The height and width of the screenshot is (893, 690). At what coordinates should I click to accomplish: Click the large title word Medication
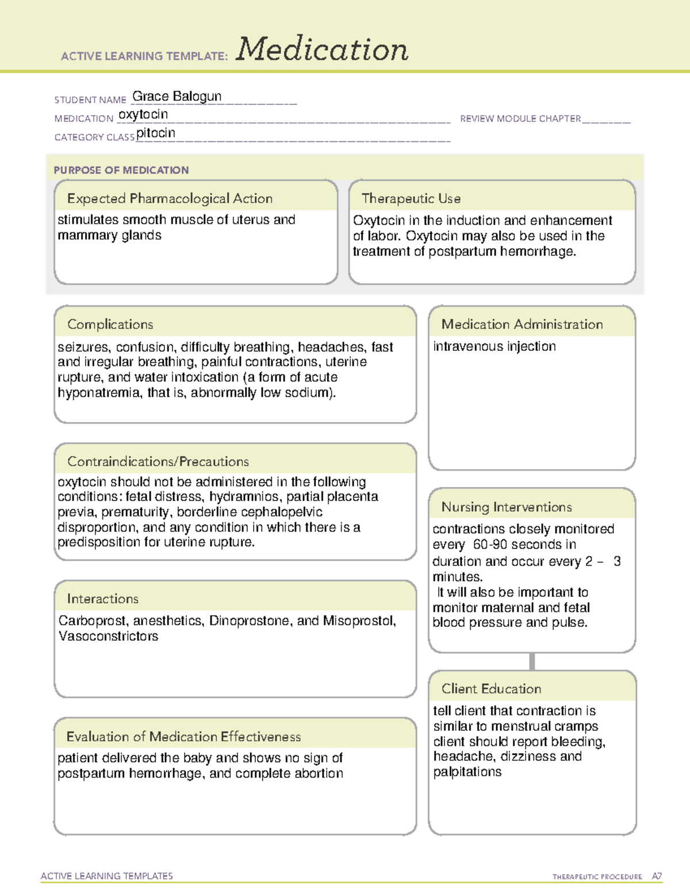[x=322, y=49]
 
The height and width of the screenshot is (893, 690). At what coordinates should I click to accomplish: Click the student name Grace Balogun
[x=177, y=97]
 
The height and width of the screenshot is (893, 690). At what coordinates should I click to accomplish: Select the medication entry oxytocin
[x=143, y=114]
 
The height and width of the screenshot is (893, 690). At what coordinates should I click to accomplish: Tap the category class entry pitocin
[x=156, y=133]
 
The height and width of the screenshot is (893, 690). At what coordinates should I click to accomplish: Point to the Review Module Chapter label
[x=520, y=119]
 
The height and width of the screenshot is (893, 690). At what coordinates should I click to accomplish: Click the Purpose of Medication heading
[x=121, y=170]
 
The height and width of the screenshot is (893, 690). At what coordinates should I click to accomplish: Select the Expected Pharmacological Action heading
[x=170, y=198]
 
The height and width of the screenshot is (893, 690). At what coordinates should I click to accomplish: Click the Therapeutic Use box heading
[x=411, y=198]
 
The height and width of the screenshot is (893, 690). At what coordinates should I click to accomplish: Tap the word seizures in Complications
[x=83, y=347]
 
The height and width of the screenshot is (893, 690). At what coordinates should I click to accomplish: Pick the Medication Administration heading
[x=522, y=324]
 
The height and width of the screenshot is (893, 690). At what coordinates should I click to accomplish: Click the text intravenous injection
[x=494, y=346]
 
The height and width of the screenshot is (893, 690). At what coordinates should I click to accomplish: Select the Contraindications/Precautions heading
[x=158, y=461]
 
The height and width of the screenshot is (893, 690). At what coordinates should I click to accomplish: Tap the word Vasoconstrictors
[x=108, y=636]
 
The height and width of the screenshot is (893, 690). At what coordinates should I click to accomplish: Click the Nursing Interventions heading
[x=506, y=507]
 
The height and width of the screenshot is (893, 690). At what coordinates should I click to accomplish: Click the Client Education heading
[x=491, y=689]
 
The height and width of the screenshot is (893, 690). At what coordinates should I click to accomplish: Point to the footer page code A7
[x=656, y=876]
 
